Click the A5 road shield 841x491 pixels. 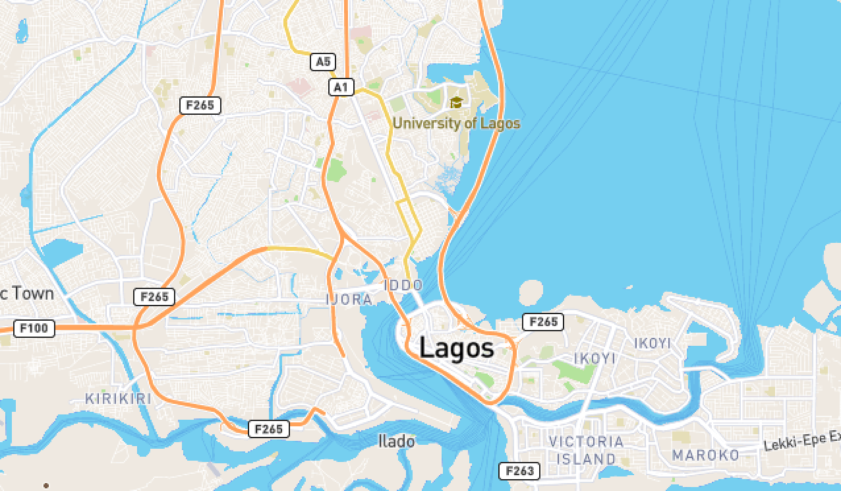click(x=322, y=62)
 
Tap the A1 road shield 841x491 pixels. click(x=341, y=87)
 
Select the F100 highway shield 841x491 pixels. click(x=34, y=328)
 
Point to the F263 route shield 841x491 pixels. click(x=519, y=471)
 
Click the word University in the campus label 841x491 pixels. click(x=421, y=123)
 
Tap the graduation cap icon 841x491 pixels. click(x=456, y=102)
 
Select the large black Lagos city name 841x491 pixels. click(x=456, y=348)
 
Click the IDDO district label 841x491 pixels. click(x=403, y=285)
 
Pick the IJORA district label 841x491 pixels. click(x=349, y=300)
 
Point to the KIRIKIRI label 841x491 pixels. click(x=119, y=399)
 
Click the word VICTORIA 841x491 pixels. click(x=586, y=442)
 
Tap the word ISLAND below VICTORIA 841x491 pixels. click(x=586, y=459)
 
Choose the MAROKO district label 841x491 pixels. click(x=705, y=455)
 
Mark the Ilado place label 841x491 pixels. click(x=396, y=441)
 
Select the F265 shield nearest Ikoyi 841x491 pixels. click(x=543, y=322)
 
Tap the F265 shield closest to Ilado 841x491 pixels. click(x=269, y=429)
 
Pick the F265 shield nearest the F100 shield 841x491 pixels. click(x=154, y=297)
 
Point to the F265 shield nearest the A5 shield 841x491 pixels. click(x=200, y=105)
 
